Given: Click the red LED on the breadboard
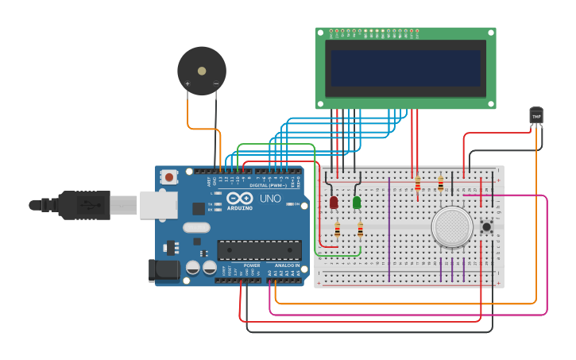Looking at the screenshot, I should click(334, 203).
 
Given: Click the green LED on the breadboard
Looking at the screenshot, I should click(357, 203).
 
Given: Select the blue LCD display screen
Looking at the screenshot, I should click(406, 68).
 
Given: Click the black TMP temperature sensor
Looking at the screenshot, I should click(536, 116).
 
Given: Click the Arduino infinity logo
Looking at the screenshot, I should click(238, 198).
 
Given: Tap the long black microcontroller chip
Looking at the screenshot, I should click(259, 250).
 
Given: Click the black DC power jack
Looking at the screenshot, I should click(164, 270).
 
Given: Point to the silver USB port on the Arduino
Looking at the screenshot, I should click(158, 204).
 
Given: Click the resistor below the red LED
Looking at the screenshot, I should click(337, 230).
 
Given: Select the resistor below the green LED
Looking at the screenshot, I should click(360, 230).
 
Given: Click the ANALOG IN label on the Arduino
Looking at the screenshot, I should click(287, 265).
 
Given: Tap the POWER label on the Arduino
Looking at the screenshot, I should click(252, 265).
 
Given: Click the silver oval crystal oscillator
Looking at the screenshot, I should click(196, 227).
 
